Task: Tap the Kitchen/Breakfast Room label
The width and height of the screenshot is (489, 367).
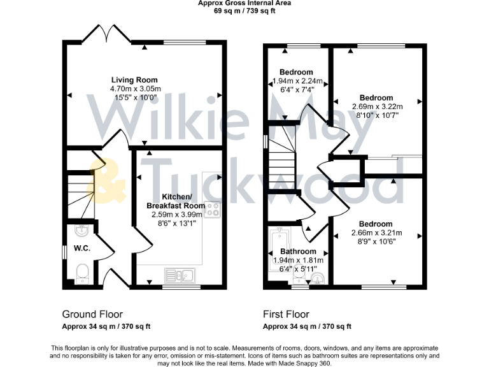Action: [x=176, y=201]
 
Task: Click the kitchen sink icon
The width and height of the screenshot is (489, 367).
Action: [x=180, y=275]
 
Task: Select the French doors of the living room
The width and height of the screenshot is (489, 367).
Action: [x=106, y=33]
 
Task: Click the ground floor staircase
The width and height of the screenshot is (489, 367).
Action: [x=81, y=185]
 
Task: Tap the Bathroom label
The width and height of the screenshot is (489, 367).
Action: [x=299, y=252]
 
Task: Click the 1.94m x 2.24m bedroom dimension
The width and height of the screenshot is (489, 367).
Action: [x=297, y=81]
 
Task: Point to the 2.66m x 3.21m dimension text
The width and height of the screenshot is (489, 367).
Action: [x=375, y=233]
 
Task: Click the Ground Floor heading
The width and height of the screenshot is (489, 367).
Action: [x=92, y=314]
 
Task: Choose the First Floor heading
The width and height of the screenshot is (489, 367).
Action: [x=286, y=314]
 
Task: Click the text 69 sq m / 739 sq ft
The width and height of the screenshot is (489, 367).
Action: [x=244, y=11]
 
